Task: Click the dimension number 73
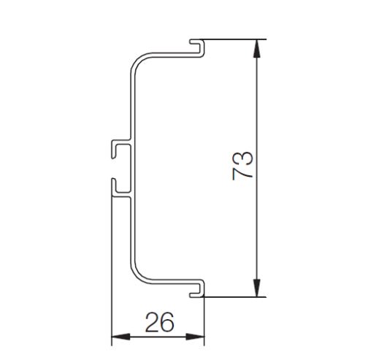pyautogui.click(x=243, y=166)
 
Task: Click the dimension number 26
pyautogui.click(x=160, y=322)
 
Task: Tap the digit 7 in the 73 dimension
pyautogui.click(x=243, y=174)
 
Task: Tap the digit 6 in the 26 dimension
pyautogui.click(x=167, y=322)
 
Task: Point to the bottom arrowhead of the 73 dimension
pyautogui.click(x=257, y=288)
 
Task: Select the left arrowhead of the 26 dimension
pyautogui.click(x=120, y=337)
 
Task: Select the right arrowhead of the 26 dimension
pyautogui.click(x=195, y=337)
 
